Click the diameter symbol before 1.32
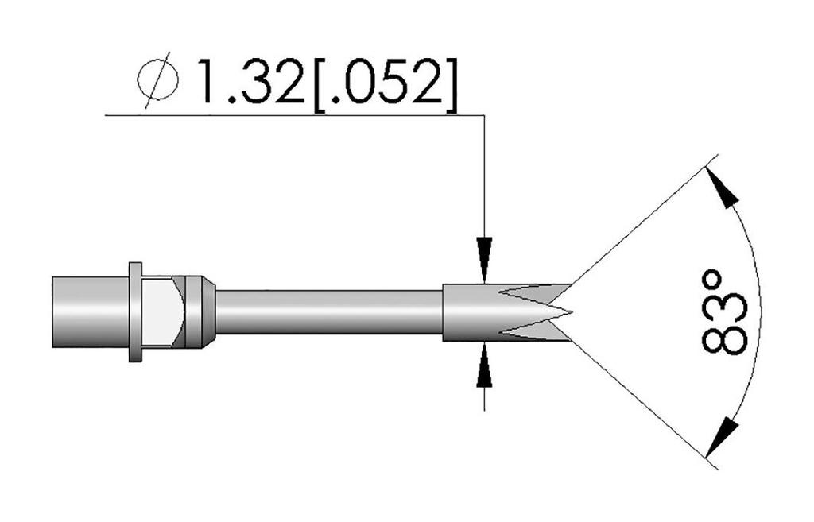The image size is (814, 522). point(157,83)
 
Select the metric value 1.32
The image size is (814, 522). point(242,83)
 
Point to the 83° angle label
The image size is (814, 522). point(725,311)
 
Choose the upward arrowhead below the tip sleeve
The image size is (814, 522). point(484,367)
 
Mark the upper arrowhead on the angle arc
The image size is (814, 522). point(721,188)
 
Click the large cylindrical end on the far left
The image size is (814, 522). point(89,312)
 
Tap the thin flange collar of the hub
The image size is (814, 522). point(136,312)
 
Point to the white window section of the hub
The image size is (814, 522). point(163,312)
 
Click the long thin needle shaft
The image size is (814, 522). point(326,312)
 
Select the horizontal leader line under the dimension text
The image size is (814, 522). point(294,116)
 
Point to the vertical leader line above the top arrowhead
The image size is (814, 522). point(484,175)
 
